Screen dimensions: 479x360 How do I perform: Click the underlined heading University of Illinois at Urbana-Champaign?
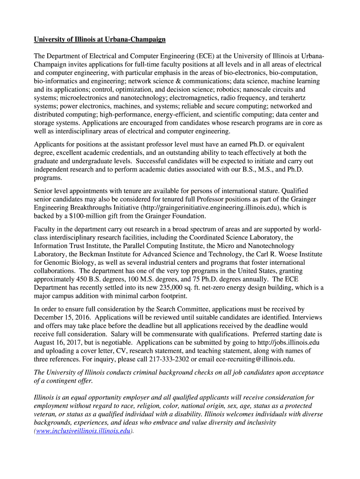[100, 39]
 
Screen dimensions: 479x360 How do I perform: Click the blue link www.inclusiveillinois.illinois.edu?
[83, 431]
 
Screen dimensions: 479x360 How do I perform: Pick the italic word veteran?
[47, 414]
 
